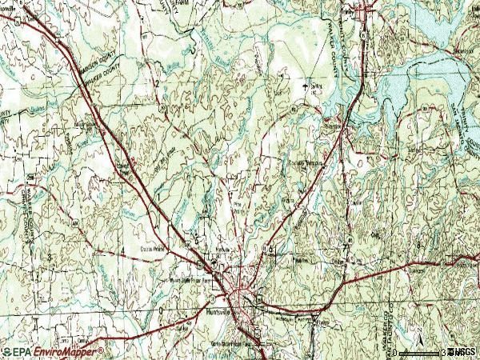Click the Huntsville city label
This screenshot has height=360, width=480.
pos(218,313)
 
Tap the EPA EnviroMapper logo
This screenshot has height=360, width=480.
pos(53,351)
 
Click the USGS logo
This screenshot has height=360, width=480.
pos(463,352)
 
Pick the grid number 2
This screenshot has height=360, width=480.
pos(158,83)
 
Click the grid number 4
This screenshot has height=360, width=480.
pos(122,253)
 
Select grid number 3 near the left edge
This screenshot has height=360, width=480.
pos(50,255)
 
